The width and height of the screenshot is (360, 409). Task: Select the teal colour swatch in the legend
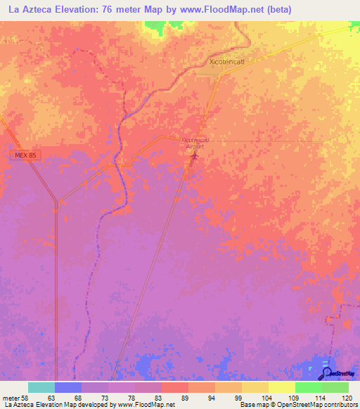pos(41,387)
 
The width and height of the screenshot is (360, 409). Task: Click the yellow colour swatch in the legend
pos(255,387)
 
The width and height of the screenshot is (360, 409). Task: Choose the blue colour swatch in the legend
pos(68,387)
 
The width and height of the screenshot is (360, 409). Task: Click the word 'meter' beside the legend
pos(9,397)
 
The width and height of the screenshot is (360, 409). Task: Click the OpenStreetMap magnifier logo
pos(326,372)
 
